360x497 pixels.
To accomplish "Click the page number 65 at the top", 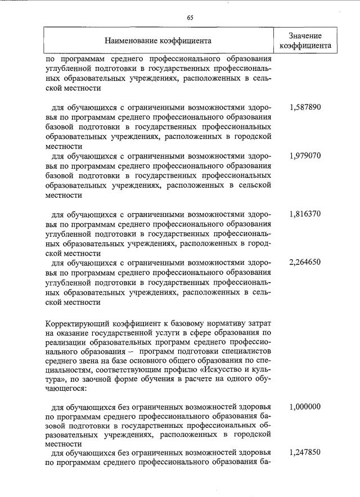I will (x=190, y=17).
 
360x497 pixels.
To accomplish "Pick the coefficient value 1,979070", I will (x=305, y=156).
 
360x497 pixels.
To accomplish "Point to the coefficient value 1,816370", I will (x=305, y=214).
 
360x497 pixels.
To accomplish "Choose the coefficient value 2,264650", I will (x=305, y=263).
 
